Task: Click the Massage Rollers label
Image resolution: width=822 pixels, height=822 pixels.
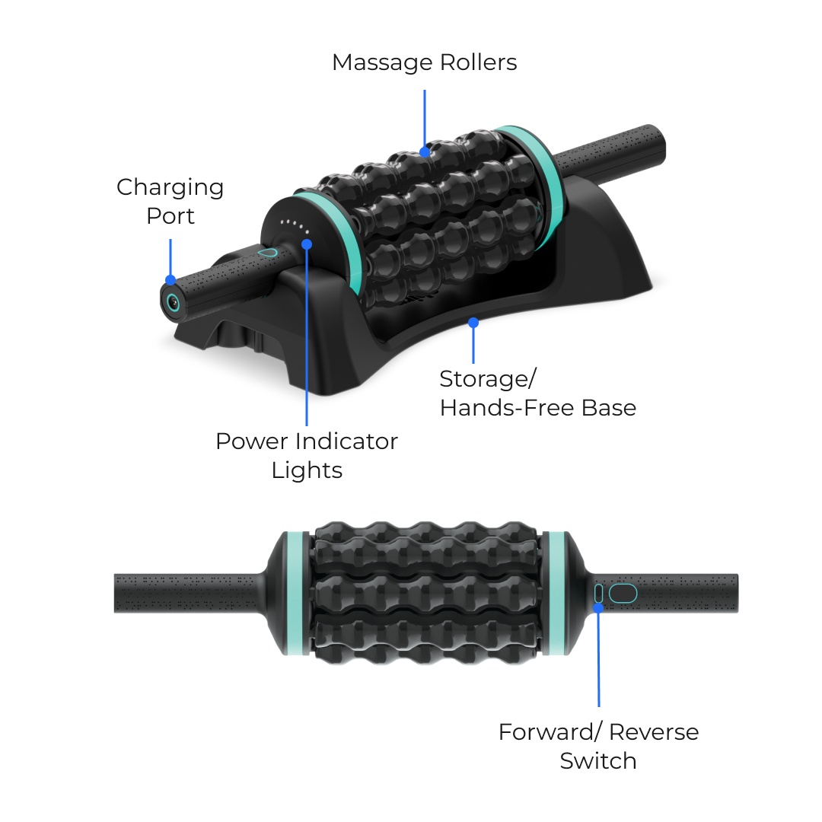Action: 425,62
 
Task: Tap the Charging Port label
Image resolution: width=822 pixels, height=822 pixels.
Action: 170,201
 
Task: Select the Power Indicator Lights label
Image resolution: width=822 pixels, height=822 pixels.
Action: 307,456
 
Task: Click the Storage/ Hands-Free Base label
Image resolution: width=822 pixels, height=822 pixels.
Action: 538,393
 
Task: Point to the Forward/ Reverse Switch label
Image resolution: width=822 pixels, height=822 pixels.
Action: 599,746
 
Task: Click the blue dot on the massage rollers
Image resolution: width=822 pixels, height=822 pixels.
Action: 425,152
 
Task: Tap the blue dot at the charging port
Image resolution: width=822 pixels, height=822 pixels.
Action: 170,280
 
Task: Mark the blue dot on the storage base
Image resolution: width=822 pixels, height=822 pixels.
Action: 473,323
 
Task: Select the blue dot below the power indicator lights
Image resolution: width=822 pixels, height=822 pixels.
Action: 307,244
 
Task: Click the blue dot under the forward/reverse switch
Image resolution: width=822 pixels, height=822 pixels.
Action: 598,608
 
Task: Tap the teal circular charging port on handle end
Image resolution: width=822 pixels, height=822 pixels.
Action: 173,302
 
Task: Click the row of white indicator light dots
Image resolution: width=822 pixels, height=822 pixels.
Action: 295,226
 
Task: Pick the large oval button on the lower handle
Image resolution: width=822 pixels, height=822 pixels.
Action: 623,594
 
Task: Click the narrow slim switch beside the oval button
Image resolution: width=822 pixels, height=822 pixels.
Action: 598,594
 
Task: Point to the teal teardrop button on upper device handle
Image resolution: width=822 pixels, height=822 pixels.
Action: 267,253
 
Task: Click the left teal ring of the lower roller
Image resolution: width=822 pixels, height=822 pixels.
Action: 295,594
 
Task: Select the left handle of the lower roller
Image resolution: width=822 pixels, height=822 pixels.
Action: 190,594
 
